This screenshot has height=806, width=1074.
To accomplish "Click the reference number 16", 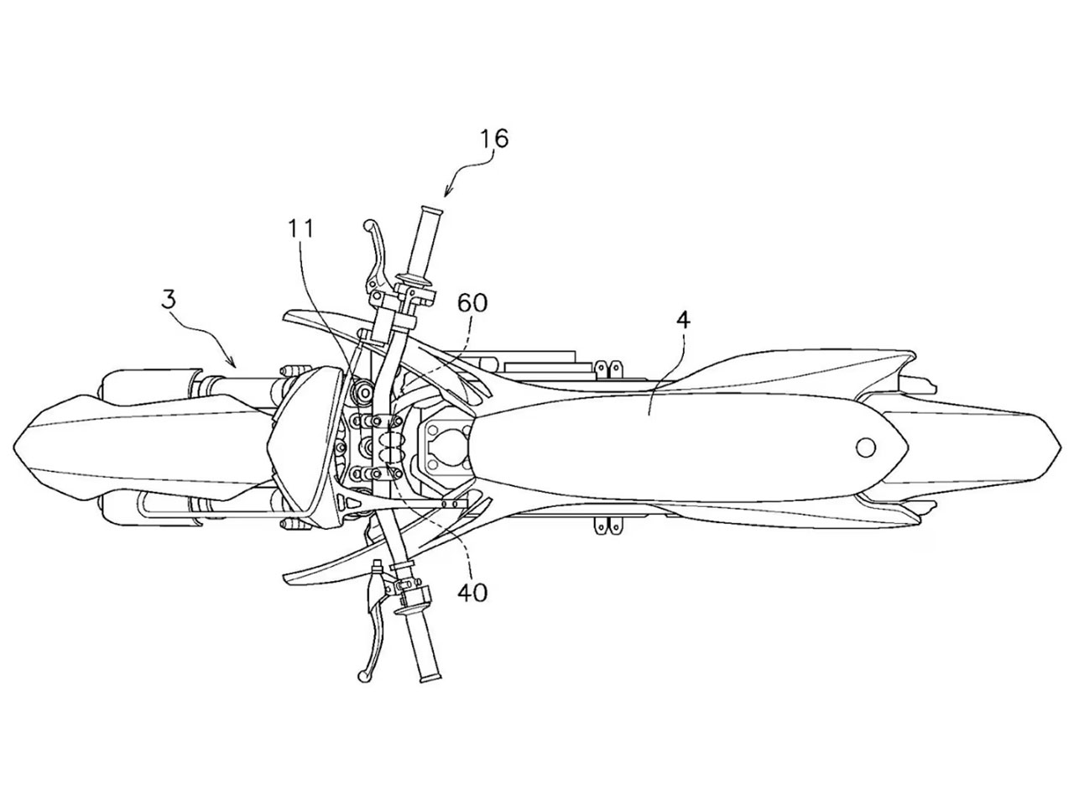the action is pyautogui.click(x=493, y=139).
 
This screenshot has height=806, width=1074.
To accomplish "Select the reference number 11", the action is pyautogui.click(x=300, y=229).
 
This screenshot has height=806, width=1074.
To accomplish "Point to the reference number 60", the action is pyautogui.click(x=472, y=303).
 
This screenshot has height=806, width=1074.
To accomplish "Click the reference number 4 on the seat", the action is pyautogui.click(x=683, y=321).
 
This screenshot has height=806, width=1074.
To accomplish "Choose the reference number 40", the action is pyautogui.click(x=472, y=594).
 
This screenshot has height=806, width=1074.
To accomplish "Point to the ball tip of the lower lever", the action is pyautogui.click(x=363, y=677).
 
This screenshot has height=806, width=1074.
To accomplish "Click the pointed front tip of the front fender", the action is pyautogui.click(x=14, y=446).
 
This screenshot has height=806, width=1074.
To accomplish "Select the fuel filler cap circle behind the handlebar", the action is pyautogui.click(x=449, y=447).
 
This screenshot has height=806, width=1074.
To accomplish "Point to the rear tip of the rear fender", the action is pyautogui.click(x=1060, y=447).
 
